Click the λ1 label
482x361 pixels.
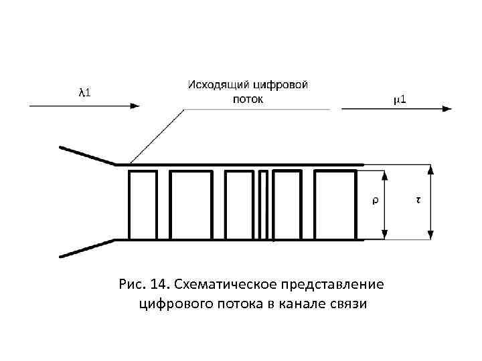(85, 92)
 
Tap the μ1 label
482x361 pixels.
(402, 100)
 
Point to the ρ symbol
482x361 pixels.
(374, 200)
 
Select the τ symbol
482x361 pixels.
(418, 200)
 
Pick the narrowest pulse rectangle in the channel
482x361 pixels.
(263, 205)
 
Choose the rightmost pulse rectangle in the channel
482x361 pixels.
(335, 205)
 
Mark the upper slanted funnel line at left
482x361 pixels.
(88, 155)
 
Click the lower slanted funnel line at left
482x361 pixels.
(88, 247)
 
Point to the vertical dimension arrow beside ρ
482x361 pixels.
(385, 205)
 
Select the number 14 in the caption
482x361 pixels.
(159, 285)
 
